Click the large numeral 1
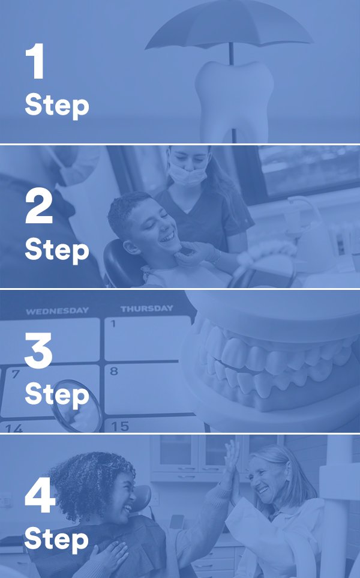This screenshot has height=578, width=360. pyautogui.click(x=36, y=61)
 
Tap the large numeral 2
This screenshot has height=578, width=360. pyautogui.click(x=38, y=205)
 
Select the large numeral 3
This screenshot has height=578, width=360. pyautogui.click(x=38, y=350)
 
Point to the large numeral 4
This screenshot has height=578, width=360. pyautogui.click(x=40, y=495)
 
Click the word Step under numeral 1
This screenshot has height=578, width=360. pyautogui.click(x=57, y=106)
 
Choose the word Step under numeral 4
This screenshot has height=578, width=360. pyautogui.click(x=57, y=540)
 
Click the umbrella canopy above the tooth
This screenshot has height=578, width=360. pyautogui.click(x=229, y=25)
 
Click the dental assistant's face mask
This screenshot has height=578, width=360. pyautogui.click(x=188, y=175)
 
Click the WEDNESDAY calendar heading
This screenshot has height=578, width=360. pyautogui.click(x=57, y=311)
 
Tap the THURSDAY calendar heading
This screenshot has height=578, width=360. pyautogui.click(x=146, y=309)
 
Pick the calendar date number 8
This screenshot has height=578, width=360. pyautogui.click(x=114, y=371)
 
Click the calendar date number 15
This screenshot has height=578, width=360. pyautogui.click(x=120, y=427)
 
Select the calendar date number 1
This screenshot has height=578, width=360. pyautogui.click(x=113, y=324)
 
